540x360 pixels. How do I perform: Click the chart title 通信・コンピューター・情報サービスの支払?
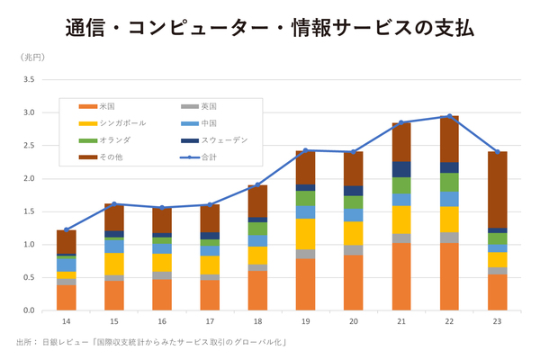click(x=270, y=28)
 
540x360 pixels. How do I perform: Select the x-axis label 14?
click(x=66, y=321)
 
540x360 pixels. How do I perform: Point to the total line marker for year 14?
click(x=66, y=229)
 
